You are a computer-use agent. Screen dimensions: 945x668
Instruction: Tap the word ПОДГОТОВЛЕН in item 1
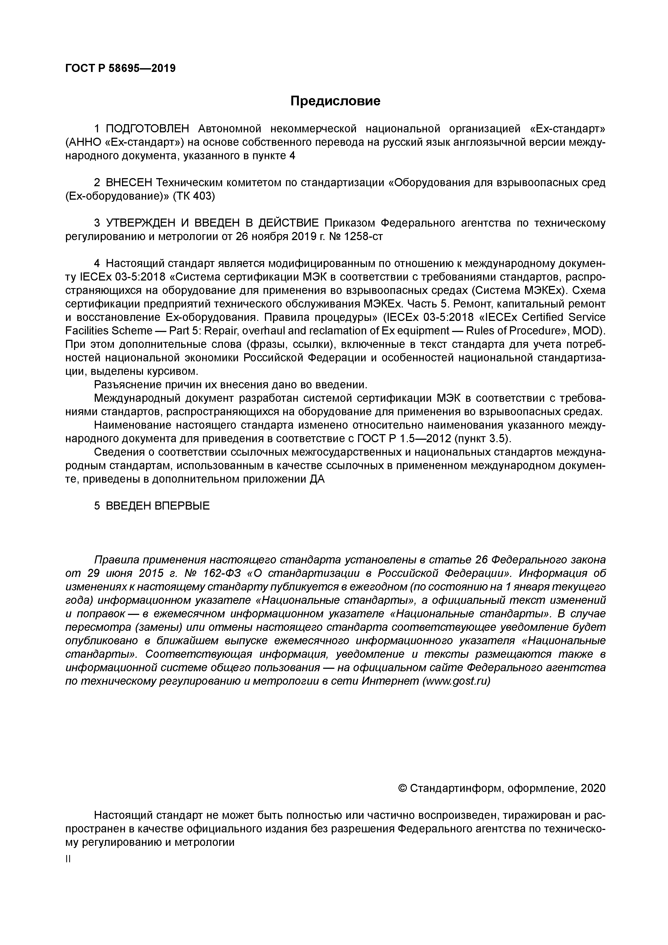[x=147, y=129]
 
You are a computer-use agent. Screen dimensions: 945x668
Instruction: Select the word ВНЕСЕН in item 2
[x=129, y=183]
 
